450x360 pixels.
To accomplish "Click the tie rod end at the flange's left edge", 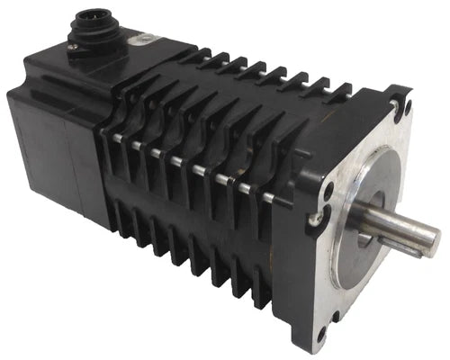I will pyautogui.click(x=313, y=220).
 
